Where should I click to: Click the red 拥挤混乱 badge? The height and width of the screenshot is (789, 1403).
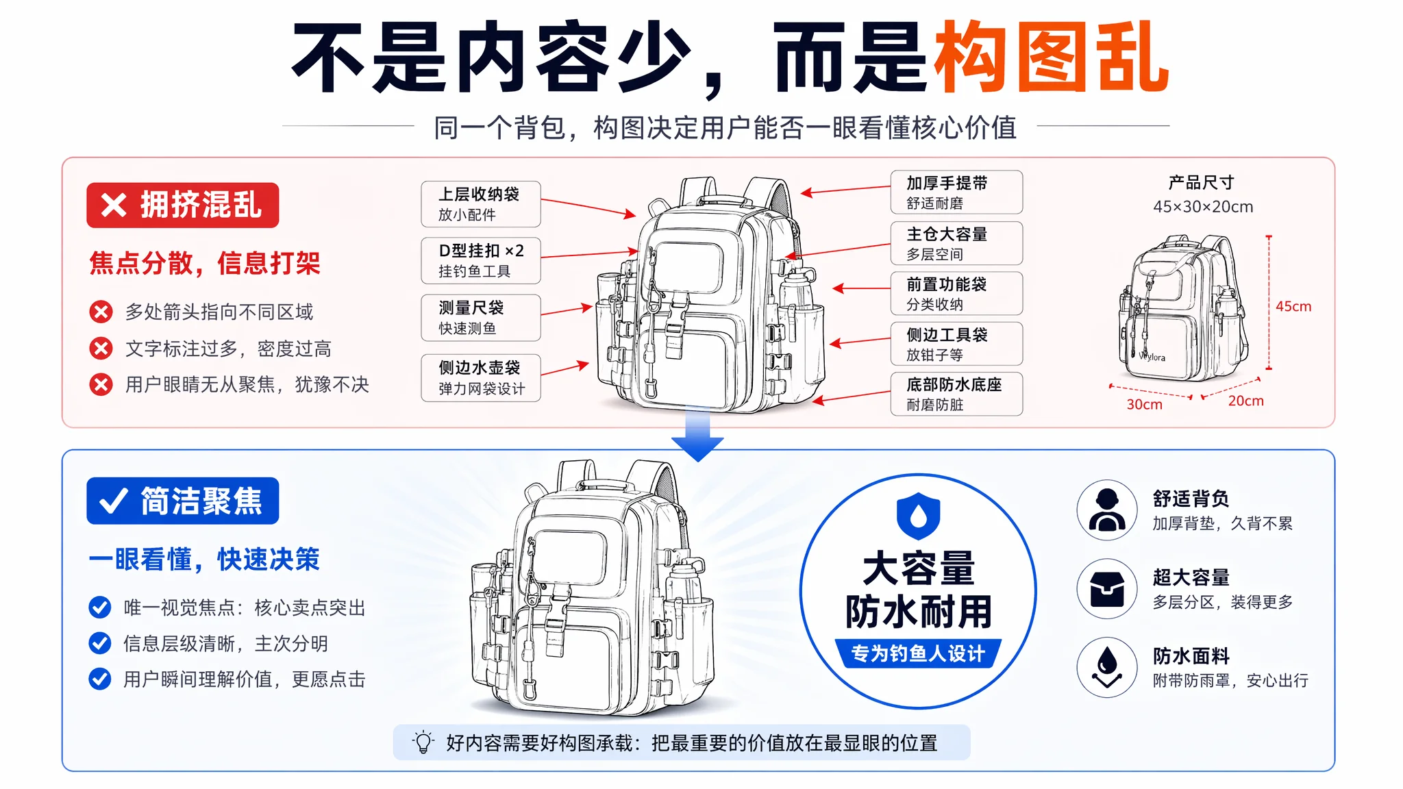tap(182, 205)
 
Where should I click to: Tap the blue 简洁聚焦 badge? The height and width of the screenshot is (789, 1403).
tap(182, 501)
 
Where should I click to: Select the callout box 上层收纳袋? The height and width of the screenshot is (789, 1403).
tap(480, 204)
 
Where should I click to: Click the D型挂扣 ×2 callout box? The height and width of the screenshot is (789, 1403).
tap(480, 261)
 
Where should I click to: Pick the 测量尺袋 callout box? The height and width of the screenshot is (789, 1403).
tap(480, 318)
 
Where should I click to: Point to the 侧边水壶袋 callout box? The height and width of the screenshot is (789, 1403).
tap(480, 377)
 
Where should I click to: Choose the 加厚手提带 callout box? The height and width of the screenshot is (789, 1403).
tap(956, 192)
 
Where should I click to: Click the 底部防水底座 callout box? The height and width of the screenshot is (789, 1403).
tap(956, 394)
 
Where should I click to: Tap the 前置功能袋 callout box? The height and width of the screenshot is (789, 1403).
tap(956, 293)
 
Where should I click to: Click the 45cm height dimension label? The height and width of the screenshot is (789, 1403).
tap(1293, 307)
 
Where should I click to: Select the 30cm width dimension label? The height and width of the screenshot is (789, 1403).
tap(1145, 405)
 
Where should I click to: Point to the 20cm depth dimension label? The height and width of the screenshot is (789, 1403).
tap(1246, 401)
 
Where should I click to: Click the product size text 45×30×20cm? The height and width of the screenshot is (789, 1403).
tap(1203, 207)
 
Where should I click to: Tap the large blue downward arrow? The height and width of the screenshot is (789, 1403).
tap(697, 434)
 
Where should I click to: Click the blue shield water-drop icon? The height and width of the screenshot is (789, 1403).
tap(918, 516)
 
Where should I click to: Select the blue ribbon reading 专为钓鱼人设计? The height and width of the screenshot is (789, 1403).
tap(918, 653)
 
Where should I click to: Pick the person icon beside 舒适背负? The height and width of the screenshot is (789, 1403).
tap(1107, 510)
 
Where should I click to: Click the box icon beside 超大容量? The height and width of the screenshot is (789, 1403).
tap(1107, 589)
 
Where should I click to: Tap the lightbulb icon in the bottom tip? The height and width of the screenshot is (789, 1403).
tap(423, 742)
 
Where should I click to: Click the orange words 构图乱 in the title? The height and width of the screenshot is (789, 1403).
tap(1052, 57)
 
